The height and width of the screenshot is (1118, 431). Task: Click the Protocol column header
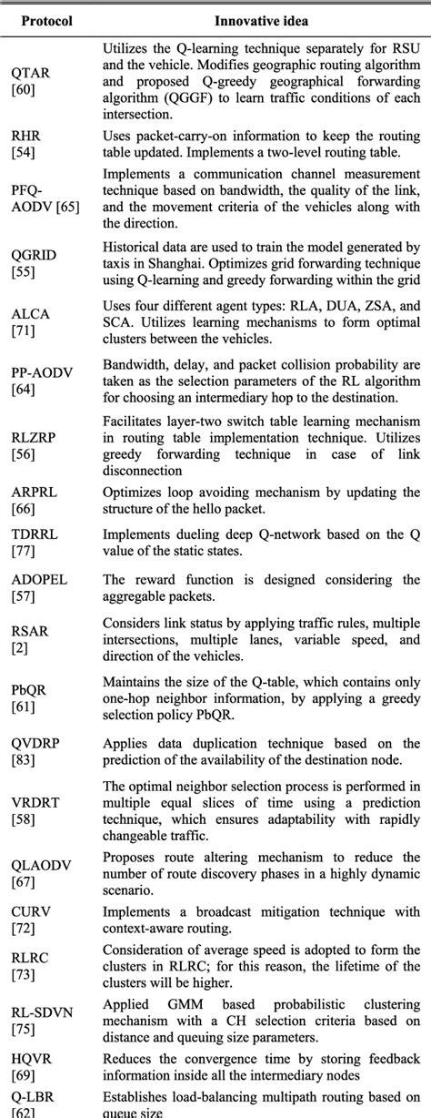point(48,19)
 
